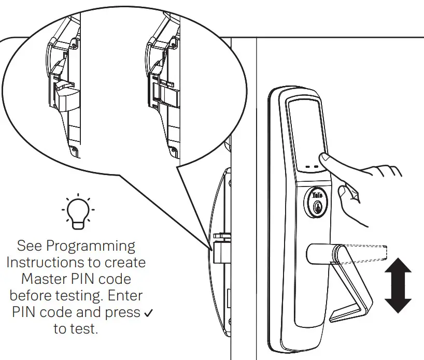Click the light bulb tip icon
[77, 212]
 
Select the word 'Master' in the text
[44, 279]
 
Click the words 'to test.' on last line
[76, 329]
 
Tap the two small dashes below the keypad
[312, 167]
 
